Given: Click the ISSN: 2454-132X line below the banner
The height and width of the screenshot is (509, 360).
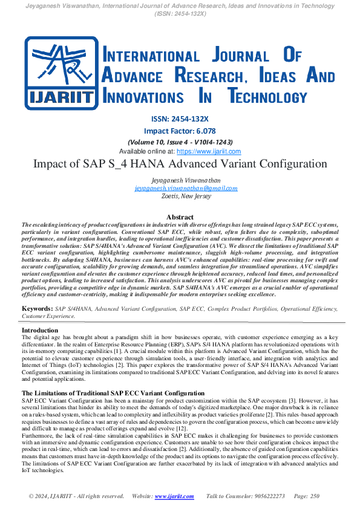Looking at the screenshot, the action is coord(180,118).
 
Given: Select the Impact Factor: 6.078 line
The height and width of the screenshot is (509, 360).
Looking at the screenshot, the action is coord(180,131).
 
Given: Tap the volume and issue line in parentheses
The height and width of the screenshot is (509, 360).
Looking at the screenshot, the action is coord(180,141).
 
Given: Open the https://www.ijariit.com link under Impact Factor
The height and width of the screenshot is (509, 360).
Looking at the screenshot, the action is coord(209,151).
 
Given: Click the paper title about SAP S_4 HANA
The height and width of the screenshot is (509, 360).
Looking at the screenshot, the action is coord(180,164).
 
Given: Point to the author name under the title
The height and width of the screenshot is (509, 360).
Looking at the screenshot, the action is coord(180,180).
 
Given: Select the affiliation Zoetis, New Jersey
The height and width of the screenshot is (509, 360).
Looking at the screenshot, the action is coord(180,196).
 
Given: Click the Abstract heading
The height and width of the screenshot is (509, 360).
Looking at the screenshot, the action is coord(180,217).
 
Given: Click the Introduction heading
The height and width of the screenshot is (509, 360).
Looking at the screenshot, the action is coord(40,331).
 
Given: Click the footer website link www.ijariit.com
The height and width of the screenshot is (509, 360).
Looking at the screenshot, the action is coord(174,496).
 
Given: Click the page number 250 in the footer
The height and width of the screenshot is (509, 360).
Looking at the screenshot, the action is coord(314,496).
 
